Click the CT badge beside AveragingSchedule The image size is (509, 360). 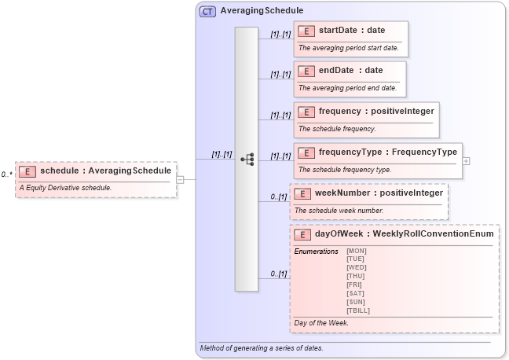(207, 12)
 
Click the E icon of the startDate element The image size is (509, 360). (306, 31)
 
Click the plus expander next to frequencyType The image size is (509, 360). (467, 160)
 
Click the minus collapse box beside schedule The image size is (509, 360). (181, 179)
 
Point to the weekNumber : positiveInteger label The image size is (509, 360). (379, 193)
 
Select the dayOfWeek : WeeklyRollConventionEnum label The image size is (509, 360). (404, 233)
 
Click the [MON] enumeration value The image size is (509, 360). (356, 251)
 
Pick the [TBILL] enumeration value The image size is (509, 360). (357, 310)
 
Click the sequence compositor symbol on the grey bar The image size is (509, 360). (247, 160)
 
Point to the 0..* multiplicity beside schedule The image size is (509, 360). (6, 174)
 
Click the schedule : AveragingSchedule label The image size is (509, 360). (105, 171)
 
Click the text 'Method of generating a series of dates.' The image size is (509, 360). (261, 347)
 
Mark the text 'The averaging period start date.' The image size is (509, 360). (348, 48)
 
